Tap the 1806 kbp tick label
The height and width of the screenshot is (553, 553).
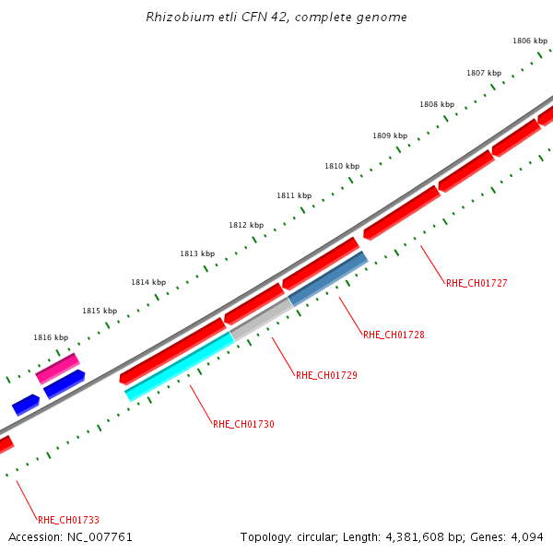(529, 41)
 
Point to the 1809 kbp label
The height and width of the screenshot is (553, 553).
(390, 135)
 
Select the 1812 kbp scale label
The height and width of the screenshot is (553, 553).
(246, 225)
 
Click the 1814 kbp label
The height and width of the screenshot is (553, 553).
(148, 282)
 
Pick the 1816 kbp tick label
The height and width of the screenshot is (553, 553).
(51, 338)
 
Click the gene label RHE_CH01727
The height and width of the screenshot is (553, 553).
(477, 283)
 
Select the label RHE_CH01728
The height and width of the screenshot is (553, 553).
(394, 335)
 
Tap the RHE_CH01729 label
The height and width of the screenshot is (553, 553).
(326, 375)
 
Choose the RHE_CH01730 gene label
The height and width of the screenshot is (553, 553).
(243, 424)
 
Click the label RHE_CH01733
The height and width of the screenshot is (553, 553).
(68, 520)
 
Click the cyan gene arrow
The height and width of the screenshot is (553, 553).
(179, 366)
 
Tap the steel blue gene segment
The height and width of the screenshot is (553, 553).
(328, 277)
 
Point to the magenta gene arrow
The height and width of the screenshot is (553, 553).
(57, 368)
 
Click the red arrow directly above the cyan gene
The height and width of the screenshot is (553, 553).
(171, 350)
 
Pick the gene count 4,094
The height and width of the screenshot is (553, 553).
(528, 537)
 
